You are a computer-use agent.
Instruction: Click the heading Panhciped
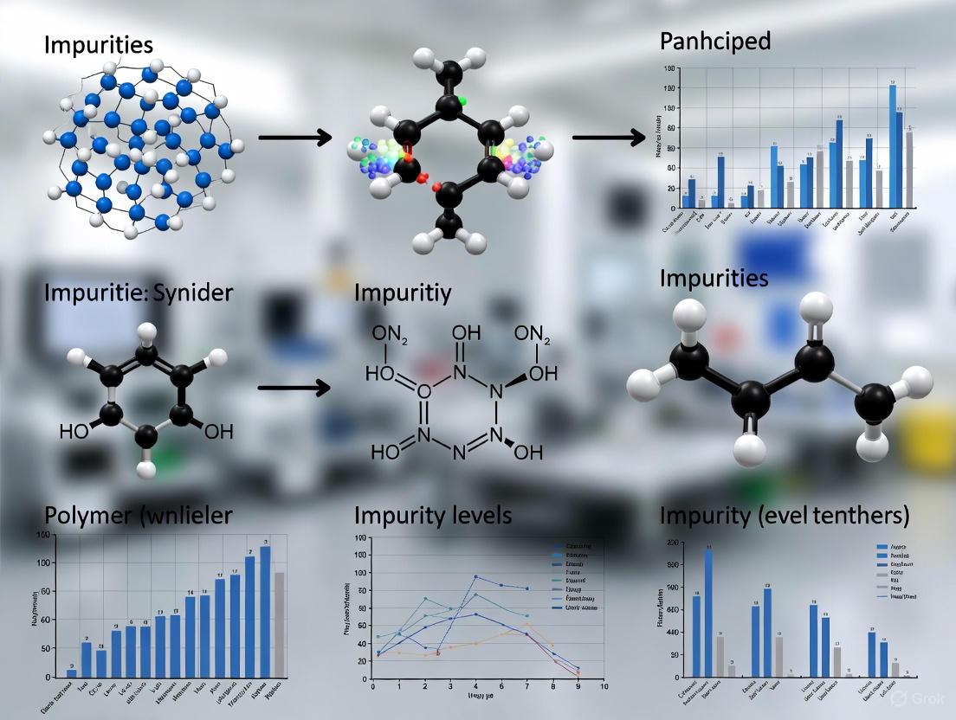point(714,41)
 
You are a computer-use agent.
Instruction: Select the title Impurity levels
point(432,516)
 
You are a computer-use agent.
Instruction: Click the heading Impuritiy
point(403,292)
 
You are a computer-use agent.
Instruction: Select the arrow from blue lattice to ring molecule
point(294,137)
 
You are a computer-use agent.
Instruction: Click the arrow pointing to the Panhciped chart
point(609,137)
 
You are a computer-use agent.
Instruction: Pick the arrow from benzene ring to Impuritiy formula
point(294,387)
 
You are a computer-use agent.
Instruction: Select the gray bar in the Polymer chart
point(279,623)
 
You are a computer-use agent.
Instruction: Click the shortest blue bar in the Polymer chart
point(72,672)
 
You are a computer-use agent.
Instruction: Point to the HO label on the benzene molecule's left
point(74,431)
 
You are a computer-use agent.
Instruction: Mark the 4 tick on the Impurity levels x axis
point(475,685)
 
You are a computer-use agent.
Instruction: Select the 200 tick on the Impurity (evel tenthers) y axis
point(672,543)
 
